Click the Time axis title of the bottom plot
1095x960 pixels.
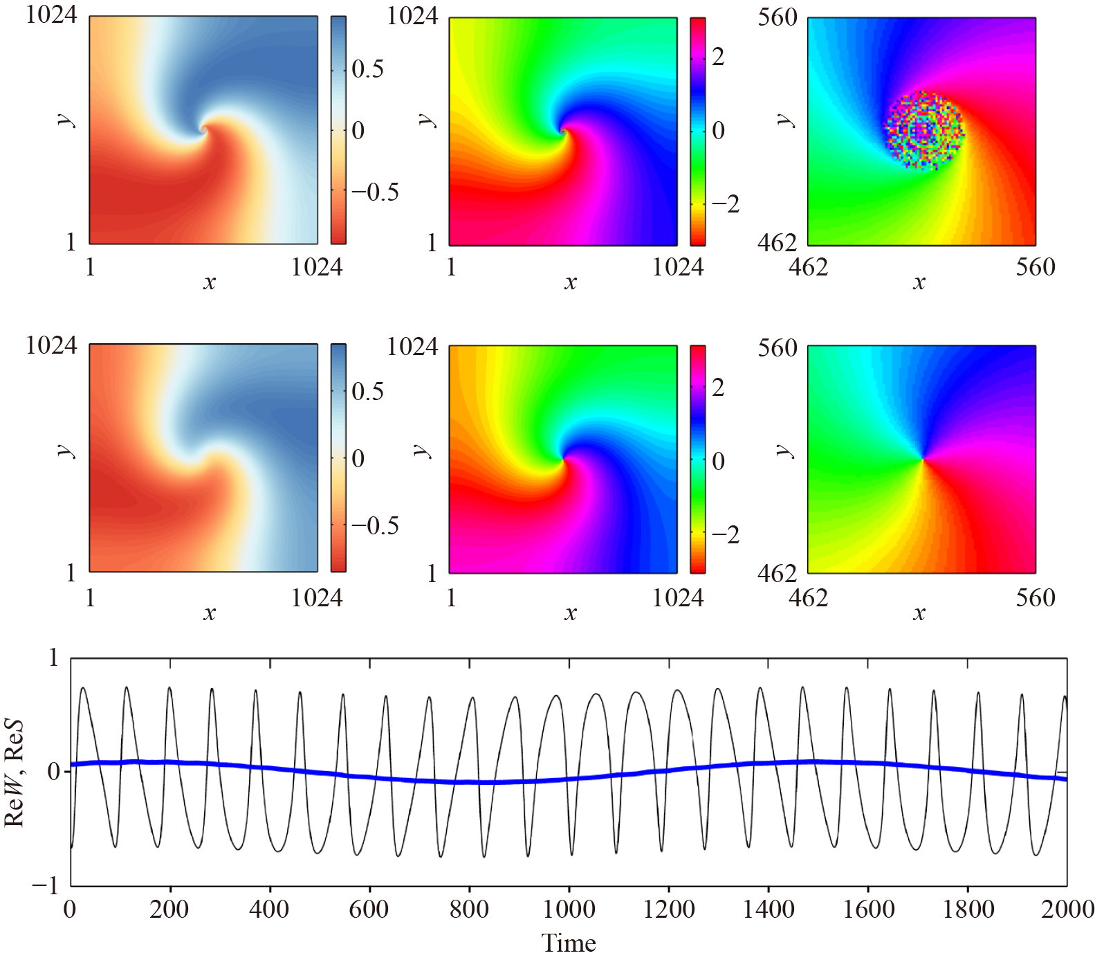pyautogui.click(x=568, y=943)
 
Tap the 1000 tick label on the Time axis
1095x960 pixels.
pyautogui.click(x=569, y=909)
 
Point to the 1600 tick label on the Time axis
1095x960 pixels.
pyautogui.click(x=868, y=909)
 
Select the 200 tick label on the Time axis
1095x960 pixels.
pyautogui.click(x=169, y=909)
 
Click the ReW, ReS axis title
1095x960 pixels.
pyautogui.click(x=15, y=772)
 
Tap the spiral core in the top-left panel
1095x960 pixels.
pyautogui.click(x=203, y=129)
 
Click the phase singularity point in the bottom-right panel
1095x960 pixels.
pyautogui.click(x=923, y=459)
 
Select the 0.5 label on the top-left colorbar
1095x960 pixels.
pyautogui.click(x=367, y=69)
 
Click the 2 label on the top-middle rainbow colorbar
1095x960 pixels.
pyautogui.click(x=718, y=57)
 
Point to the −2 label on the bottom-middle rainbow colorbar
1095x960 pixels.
pyautogui.click(x=725, y=534)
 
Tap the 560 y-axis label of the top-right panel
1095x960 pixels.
pyautogui.click(x=777, y=17)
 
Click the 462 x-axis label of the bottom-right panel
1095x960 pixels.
pyautogui.click(x=808, y=597)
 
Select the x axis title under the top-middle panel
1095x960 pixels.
pyautogui.click(x=570, y=282)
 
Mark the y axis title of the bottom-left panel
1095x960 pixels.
pyautogui.click(x=66, y=451)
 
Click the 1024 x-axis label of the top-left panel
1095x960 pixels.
pyautogui.click(x=317, y=267)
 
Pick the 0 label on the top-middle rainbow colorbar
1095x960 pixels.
pyautogui.click(x=718, y=130)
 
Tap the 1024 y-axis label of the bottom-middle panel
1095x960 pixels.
pyautogui.click(x=412, y=346)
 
